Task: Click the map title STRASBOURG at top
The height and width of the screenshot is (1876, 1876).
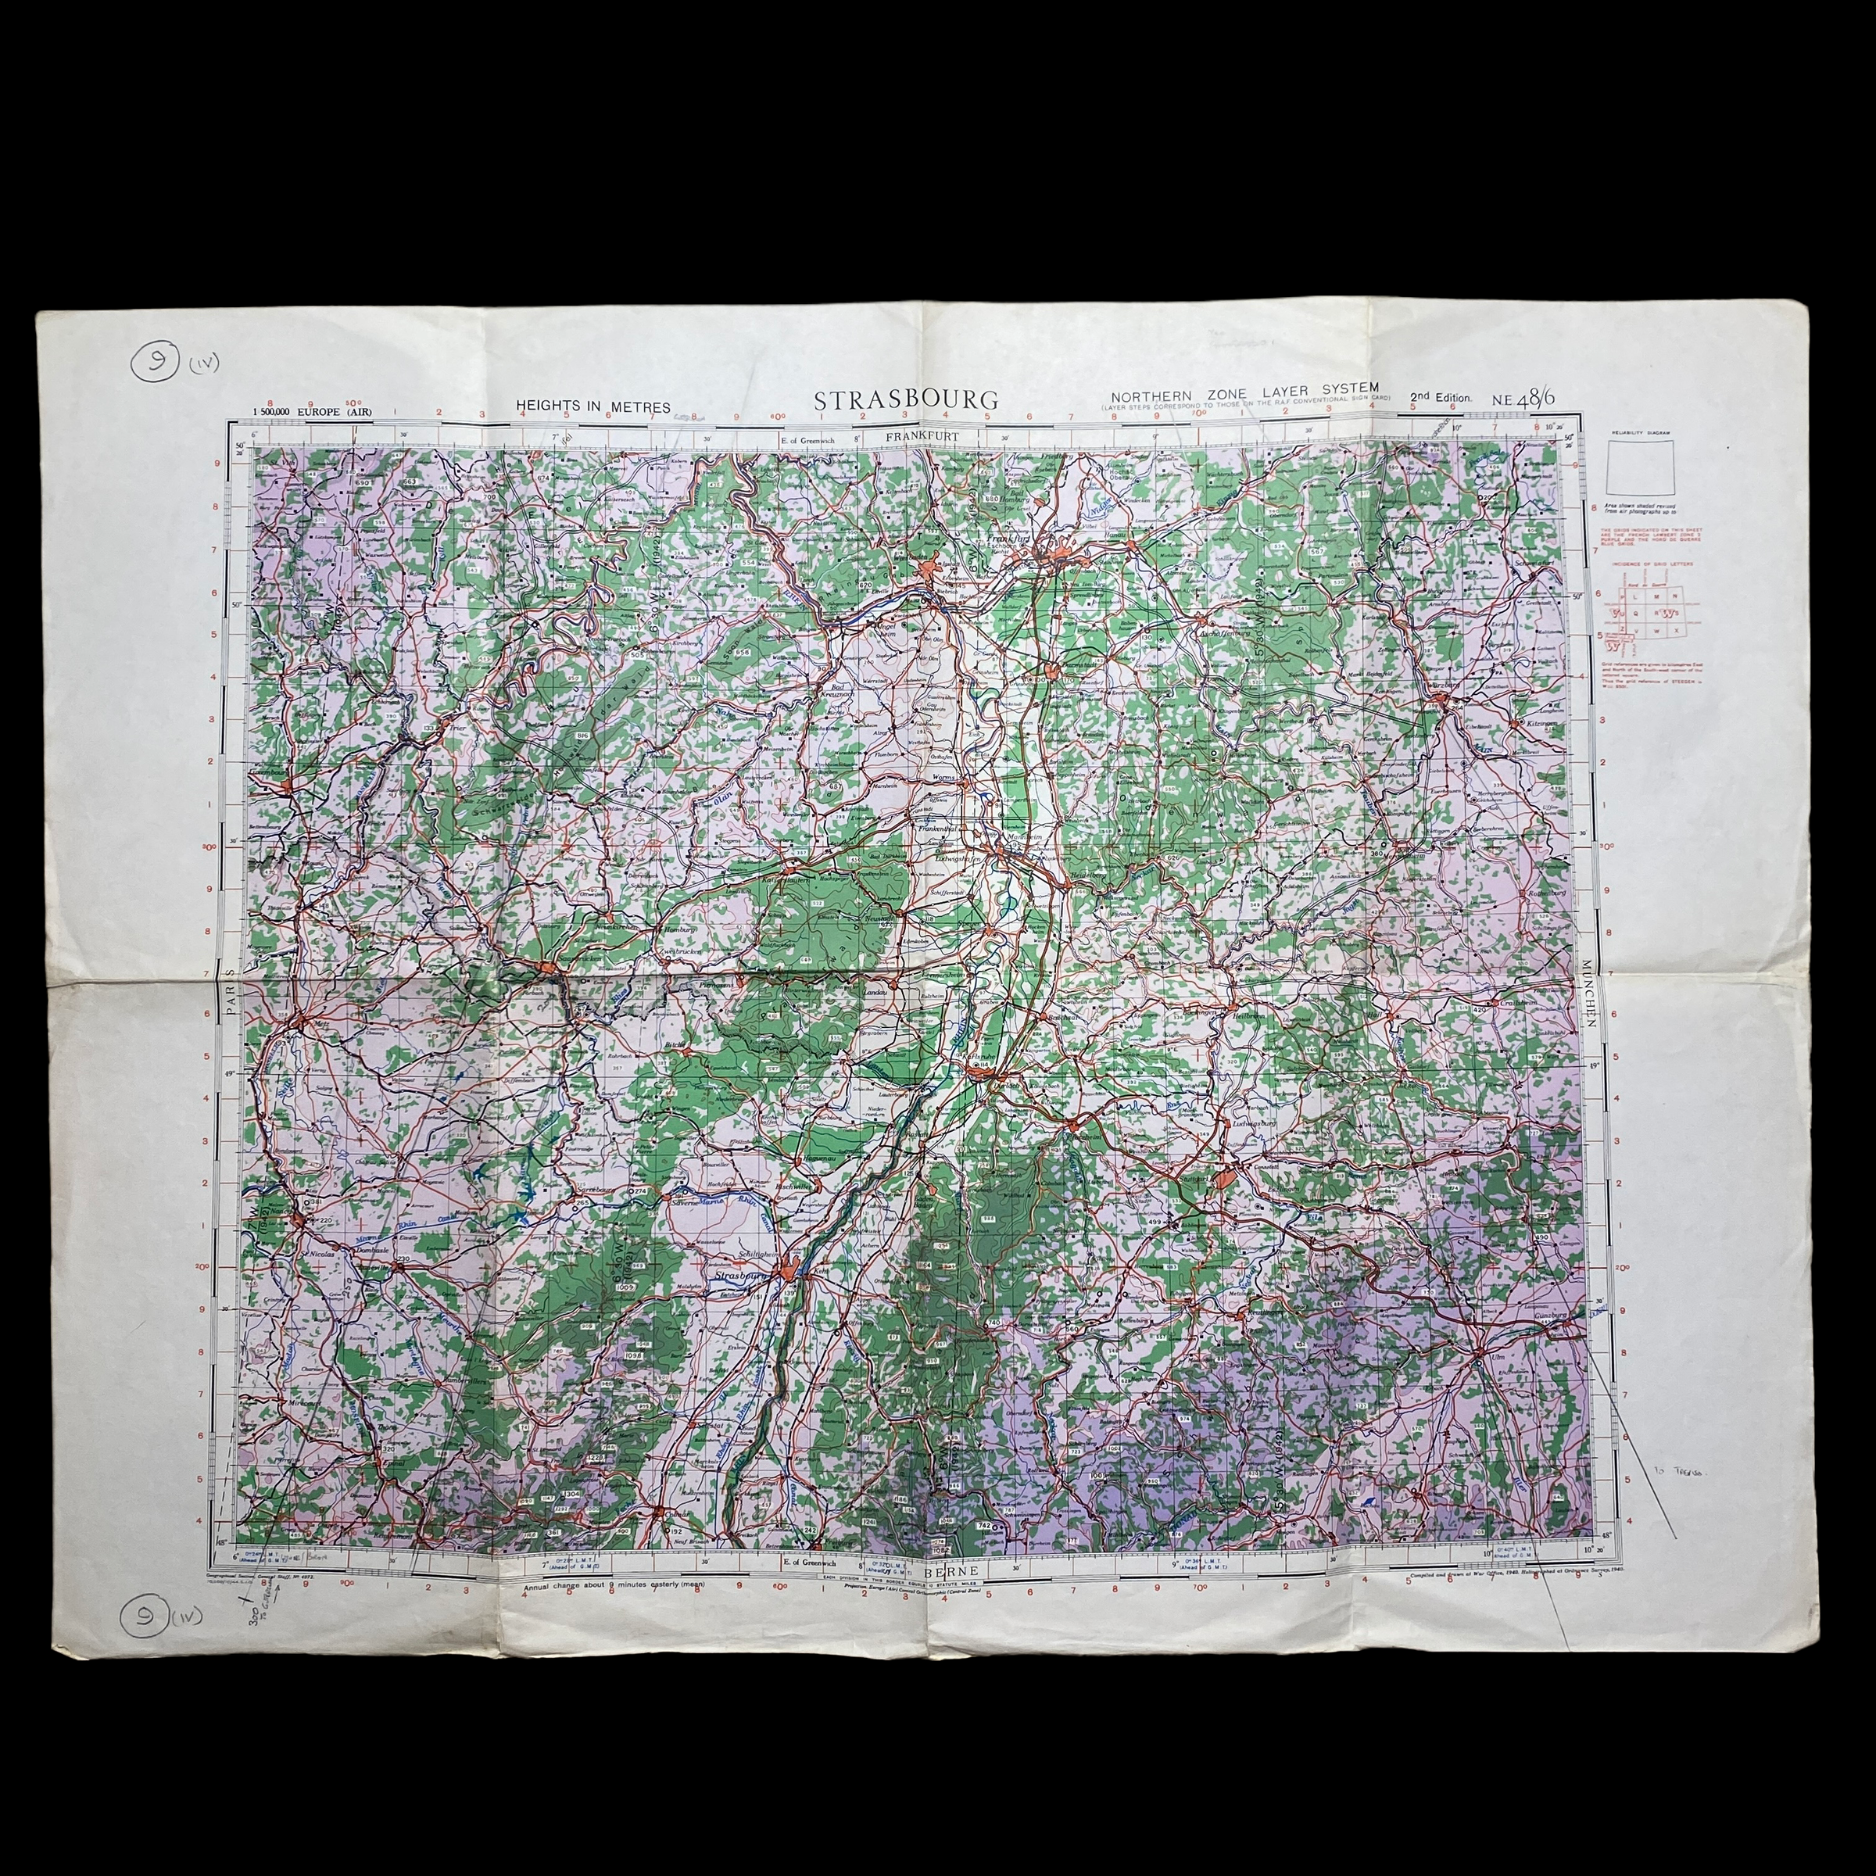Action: (905, 399)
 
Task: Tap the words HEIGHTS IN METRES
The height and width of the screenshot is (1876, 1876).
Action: (593, 406)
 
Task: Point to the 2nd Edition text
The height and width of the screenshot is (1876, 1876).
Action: (1441, 398)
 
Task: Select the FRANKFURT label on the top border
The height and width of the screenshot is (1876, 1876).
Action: (922, 437)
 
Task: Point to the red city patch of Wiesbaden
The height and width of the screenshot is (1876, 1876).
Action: (930, 569)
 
